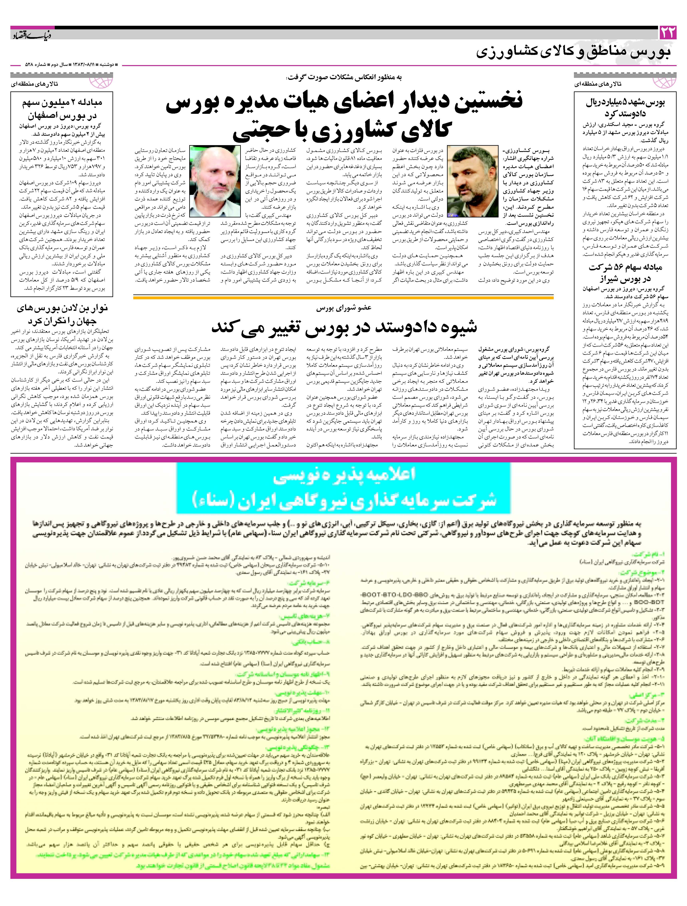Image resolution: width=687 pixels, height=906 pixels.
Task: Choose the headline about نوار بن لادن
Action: (62, 314)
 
